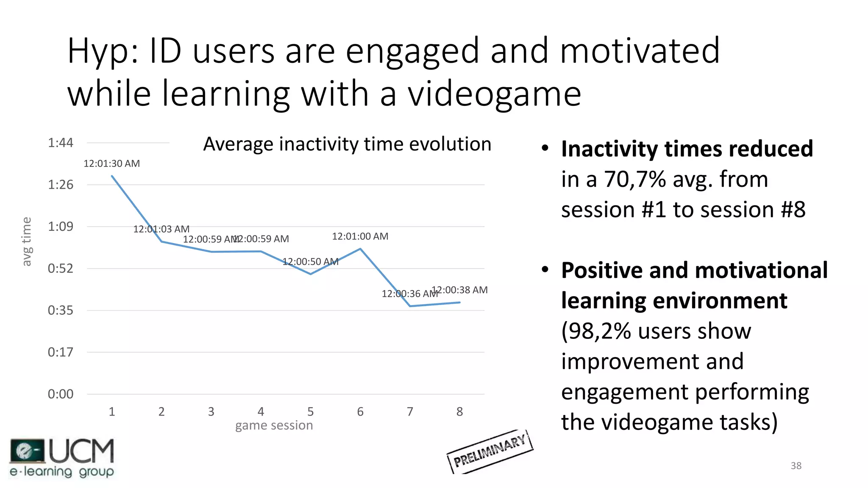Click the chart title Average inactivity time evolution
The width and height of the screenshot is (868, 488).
[x=347, y=144]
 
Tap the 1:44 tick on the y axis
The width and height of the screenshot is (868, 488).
[x=61, y=143]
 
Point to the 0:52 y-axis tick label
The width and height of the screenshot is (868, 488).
[x=61, y=269]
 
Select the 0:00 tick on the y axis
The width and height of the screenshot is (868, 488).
[x=61, y=394]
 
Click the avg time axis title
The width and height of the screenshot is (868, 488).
[x=27, y=242]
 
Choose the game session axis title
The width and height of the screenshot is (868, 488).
[x=274, y=425]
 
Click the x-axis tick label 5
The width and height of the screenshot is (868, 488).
[x=311, y=412]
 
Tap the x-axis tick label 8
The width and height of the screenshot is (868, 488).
[x=459, y=412]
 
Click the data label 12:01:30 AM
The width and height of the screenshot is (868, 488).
[x=111, y=164]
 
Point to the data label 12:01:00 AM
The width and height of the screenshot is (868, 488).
[x=360, y=236]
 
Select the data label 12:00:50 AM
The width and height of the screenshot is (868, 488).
[x=310, y=262]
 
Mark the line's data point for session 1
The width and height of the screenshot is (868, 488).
[x=112, y=176]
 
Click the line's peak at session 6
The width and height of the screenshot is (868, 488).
[x=360, y=249]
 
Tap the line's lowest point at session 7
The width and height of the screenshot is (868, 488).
[x=410, y=306]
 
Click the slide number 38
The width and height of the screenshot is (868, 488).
[x=796, y=466]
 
